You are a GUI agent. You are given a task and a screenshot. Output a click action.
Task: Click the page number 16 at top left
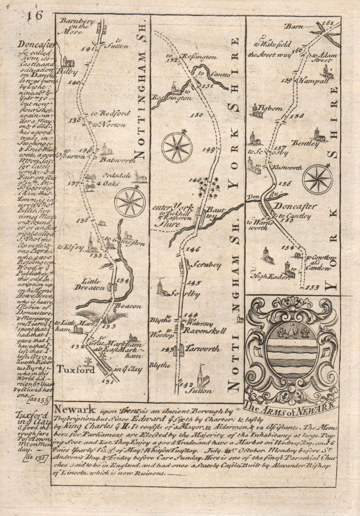coord(35,17)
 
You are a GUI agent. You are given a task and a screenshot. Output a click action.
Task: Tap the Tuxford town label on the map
coord(76,370)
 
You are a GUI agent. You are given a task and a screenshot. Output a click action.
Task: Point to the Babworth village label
coord(115,159)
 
